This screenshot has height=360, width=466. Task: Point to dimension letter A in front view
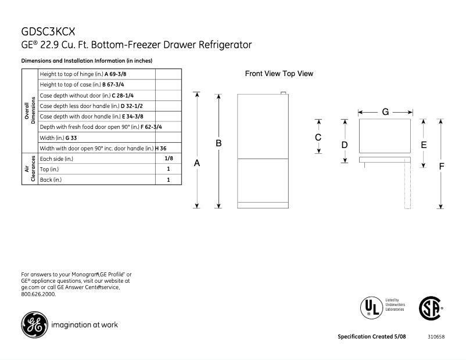pyautogui.click(x=197, y=164)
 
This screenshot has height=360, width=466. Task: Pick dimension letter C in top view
pyautogui.click(x=318, y=137)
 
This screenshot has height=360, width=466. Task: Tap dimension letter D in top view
pyautogui.click(x=345, y=144)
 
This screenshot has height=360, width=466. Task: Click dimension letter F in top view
pyautogui.click(x=442, y=166)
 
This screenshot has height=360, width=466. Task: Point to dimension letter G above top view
pyautogui.click(x=385, y=111)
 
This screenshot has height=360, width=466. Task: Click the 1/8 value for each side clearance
pyautogui.click(x=169, y=159)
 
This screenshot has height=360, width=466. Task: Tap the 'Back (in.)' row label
pyautogui.click(x=51, y=180)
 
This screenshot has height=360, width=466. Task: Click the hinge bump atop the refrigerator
pyautogui.click(x=284, y=92)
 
